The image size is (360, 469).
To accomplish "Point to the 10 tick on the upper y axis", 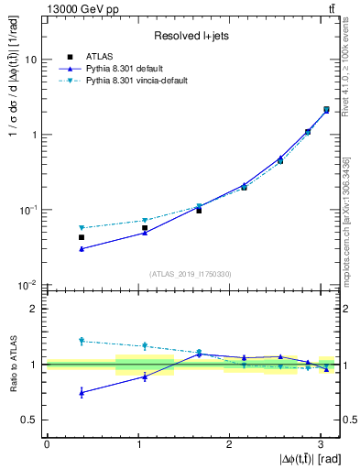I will click(x=31, y=60).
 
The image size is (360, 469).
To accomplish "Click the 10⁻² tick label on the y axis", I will click(x=28, y=286).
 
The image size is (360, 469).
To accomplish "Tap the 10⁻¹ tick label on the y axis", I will click(x=28, y=211).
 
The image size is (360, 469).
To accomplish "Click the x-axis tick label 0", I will click(x=47, y=443).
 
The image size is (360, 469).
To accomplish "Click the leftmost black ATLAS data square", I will click(x=82, y=237).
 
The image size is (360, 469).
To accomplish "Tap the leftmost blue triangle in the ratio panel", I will click(x=82, y=392).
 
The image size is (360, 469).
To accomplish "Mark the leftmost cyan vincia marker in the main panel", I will click(x=82, y=228).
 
